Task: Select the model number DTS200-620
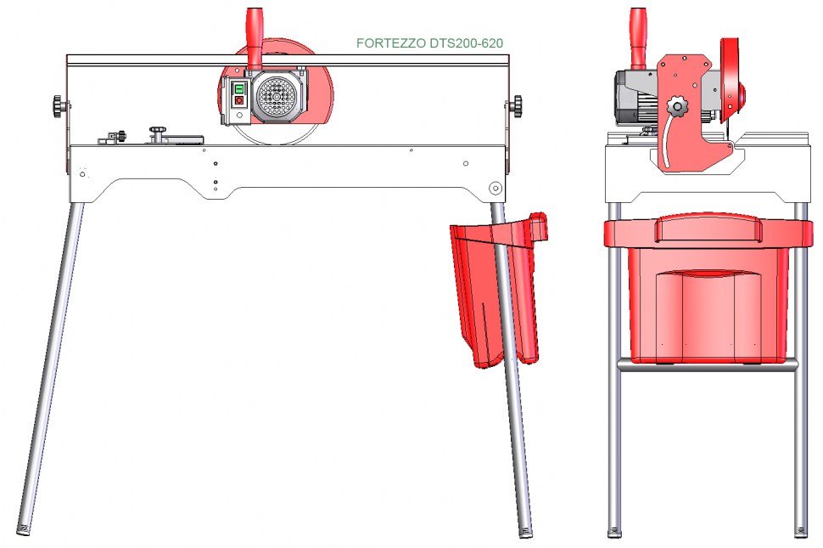pos(466,43)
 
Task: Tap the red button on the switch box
pos(239,100)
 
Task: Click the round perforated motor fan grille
pos(277,96)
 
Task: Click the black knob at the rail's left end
pos(59,106)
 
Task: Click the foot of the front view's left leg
pos(23,529)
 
